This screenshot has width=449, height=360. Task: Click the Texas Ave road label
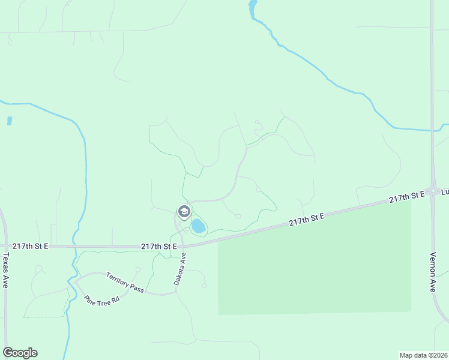6,270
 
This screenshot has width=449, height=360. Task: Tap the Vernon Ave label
433,271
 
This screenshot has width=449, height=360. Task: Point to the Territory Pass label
125,283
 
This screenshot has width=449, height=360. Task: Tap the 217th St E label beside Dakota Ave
158,246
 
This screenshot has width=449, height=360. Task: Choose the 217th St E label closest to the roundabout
406,197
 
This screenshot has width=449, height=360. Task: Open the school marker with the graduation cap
184,211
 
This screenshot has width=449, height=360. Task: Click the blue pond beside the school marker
197,226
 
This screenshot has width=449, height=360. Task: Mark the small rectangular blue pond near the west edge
10,121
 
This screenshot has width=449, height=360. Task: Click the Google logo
20,353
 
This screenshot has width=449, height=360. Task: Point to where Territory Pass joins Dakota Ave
176,293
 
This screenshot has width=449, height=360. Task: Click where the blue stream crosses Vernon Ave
432,130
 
